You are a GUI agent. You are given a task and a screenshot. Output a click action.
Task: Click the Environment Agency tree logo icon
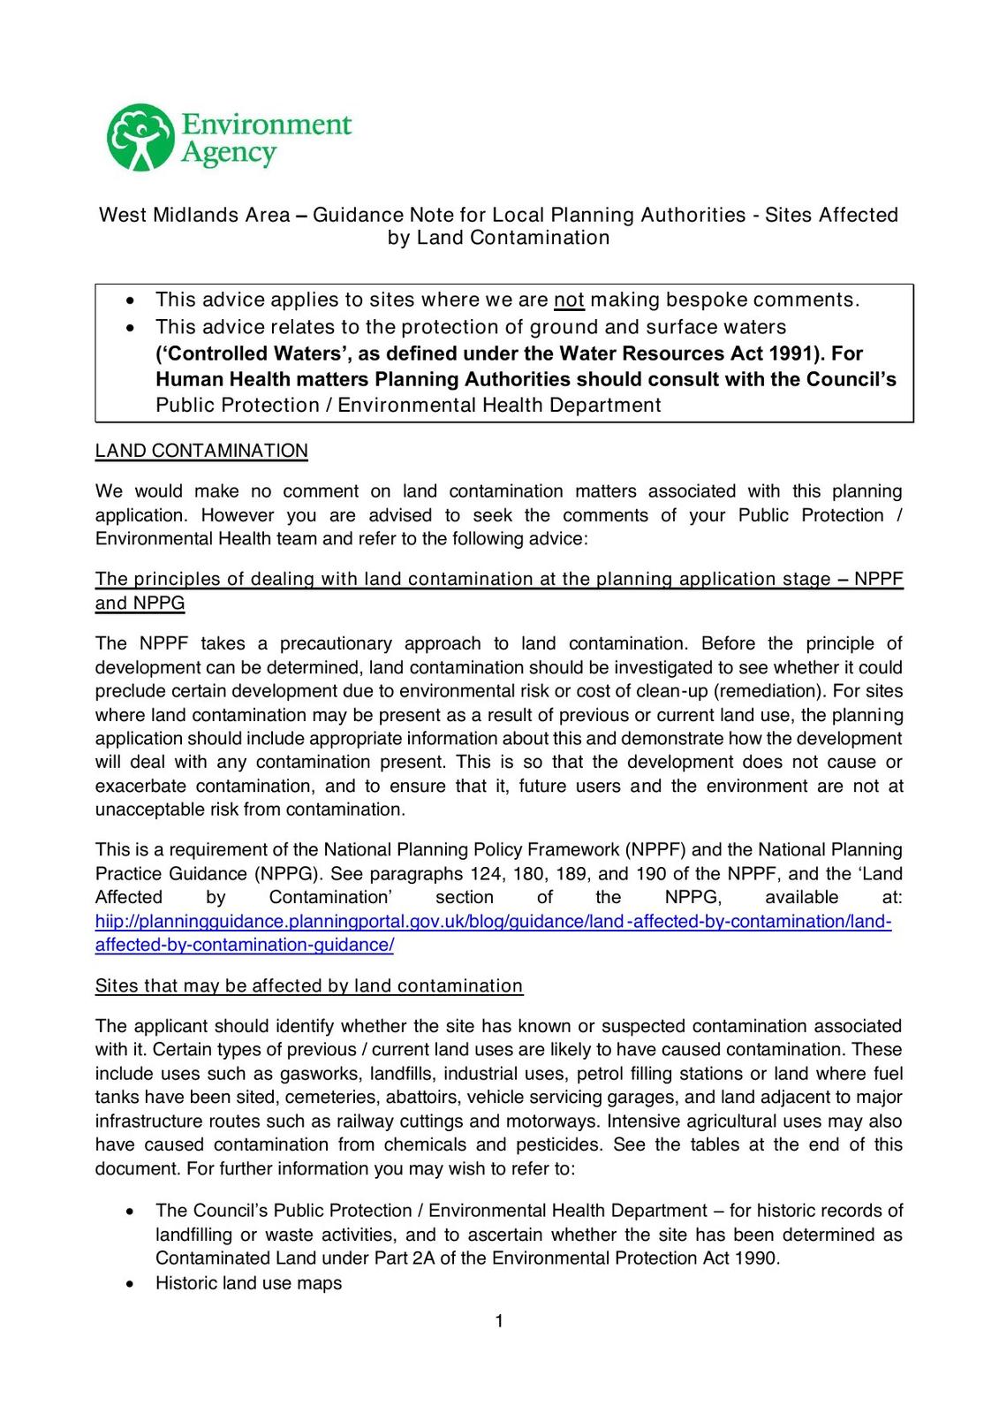coord(140,138)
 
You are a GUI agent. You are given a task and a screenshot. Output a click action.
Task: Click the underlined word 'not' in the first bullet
coord(569,300)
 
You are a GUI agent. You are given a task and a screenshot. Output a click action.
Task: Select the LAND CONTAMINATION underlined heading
coord(201,451)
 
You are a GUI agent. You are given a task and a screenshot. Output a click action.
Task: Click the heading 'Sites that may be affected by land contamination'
coord(309,986)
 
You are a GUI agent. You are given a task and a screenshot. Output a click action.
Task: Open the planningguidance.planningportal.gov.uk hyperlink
coord(493,922)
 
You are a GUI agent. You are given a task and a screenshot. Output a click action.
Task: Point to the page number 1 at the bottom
coord(499,1321)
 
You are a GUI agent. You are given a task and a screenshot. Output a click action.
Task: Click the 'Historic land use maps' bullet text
coord(248,1283)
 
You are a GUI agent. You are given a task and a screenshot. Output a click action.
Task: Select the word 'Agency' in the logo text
coord(229,154)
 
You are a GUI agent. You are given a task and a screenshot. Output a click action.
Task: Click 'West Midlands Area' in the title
coord(194,215)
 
